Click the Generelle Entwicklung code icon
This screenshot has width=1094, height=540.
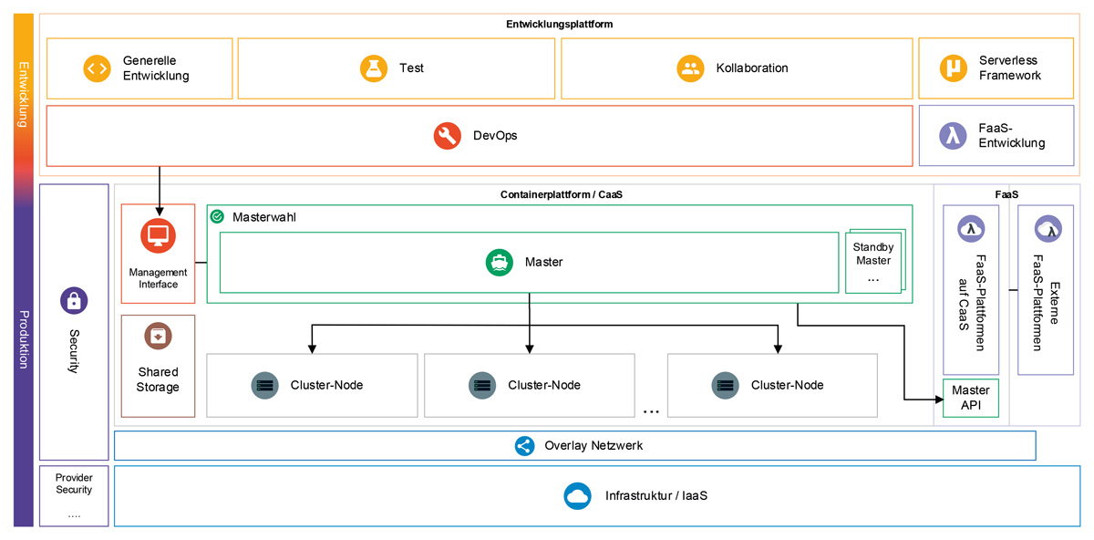click(97, 68)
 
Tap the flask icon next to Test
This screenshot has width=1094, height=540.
click(373, 68)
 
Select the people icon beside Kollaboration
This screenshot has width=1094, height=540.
click(690, 68)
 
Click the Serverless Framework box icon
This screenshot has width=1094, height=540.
click(953, 68)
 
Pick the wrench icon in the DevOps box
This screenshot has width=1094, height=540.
click(447, 136)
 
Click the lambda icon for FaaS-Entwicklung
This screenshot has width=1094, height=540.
click(953, 136)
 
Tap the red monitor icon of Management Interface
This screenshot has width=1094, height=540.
click(158, 236)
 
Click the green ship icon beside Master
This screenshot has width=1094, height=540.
click(500, 263)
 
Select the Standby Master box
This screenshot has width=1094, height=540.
click(873, 262)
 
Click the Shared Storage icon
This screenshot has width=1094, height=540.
click(158, 336)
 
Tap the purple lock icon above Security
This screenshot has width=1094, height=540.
click(74, 300)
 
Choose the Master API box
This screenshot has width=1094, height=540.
click(970, 398)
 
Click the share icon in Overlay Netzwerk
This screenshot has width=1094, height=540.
click(523, 446)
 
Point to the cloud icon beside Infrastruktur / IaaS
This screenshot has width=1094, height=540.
click(577, 496)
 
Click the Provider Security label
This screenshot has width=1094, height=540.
click(74, 483)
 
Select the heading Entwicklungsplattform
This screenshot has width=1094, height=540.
click(559, 25)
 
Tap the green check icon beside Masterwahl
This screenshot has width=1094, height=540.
click(217, 217)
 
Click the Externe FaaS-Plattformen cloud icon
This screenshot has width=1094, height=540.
click(1048, 229)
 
